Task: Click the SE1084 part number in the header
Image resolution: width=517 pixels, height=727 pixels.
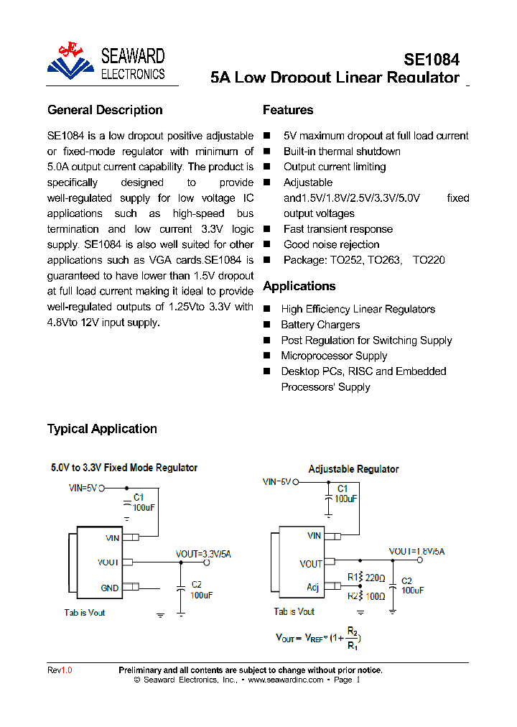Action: [x=431, y=60]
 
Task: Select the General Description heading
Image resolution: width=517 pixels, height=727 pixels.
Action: [x=105, y=110]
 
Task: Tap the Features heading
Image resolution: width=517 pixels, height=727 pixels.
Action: [x=288, y=110]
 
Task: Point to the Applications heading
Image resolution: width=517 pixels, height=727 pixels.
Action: [x=299, y=286]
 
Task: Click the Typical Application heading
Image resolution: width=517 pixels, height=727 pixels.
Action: [x=102, y=429]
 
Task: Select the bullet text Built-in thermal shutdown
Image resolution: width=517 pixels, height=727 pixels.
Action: [x=342, y=152]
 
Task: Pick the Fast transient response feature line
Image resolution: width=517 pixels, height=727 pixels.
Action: [x=337, y=229]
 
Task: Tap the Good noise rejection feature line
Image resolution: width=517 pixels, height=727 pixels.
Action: [x=331, y=245]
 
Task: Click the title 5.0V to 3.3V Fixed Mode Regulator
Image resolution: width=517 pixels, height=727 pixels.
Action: [x=124, y=468]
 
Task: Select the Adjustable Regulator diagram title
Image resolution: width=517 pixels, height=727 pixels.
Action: [x=353, y=469]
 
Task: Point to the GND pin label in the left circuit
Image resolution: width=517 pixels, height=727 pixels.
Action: [x=109, y=588]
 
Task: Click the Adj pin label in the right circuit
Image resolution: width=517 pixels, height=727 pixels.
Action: [x=313, y=587]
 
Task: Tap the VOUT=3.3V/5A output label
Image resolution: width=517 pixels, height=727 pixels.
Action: [x=203, y=554]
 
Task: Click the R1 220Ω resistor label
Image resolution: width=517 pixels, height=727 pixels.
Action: [x=366, y=577]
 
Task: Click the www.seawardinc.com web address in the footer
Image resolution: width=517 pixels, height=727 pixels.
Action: [x=286, y=680]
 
